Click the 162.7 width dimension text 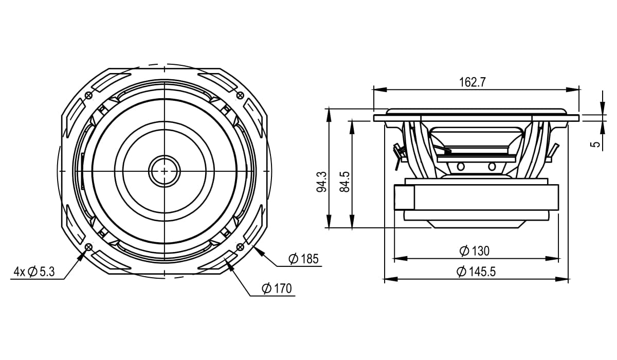[x=473, y=82]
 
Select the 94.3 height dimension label [x=321, y=182]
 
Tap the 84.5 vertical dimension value [x=344, y=182]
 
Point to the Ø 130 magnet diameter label [x=475, y=251]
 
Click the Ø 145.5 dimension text [x=476, y=272]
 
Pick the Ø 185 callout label [x=303, y=259]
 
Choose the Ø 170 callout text [x=277, y=289]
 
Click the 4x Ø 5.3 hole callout [x=34, y=272]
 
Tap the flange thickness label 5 [x=596, y=144]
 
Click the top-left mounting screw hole [x=89, y=96]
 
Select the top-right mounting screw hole [x=240, y=96]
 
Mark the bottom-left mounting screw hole [x=88, y=247]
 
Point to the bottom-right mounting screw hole [x=240, y=247]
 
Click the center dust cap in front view [x=165, y=171]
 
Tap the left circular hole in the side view [x=461, y=166]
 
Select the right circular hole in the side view [x=492, y=166]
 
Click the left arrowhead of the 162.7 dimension [x=380, y=90]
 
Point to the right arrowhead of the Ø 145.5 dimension [x=562, y=279]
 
